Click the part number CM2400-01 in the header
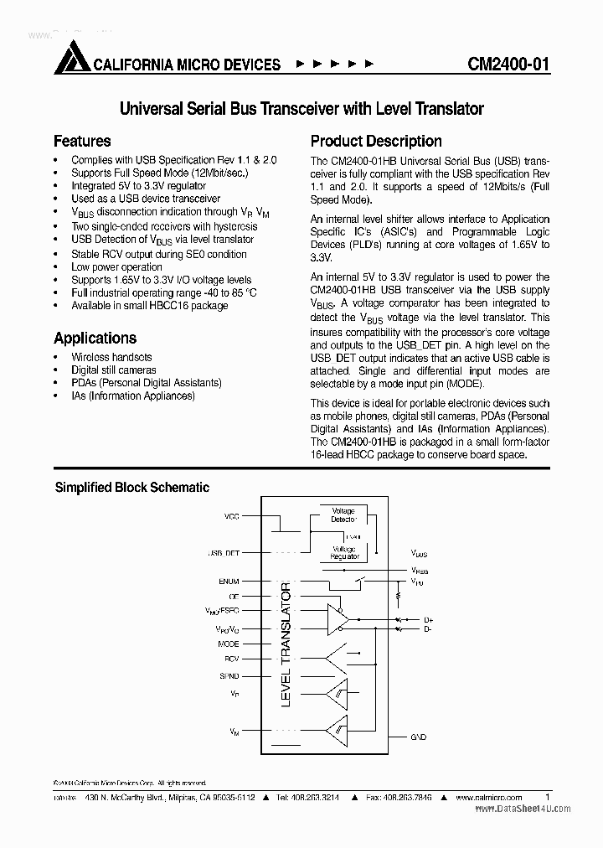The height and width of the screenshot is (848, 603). click(x=509, y=65)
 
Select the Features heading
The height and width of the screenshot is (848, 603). click(x=82, y=142)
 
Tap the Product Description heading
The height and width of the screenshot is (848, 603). click(x=376, y=142)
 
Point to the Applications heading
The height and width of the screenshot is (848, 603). click(x=95, y=339)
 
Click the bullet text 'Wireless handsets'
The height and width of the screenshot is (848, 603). click(x=111, y=357)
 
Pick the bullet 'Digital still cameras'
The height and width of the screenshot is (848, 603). click(x=113, y=370)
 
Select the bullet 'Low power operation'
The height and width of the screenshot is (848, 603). click(x=116, y=267)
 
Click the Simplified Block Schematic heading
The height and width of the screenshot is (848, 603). click(x=132, y=487)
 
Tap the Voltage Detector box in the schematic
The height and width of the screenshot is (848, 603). click(x=343, y=514)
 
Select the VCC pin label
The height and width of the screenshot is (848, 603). click(x=231, y=516)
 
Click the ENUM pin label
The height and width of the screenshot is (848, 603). click(x=229, y=581)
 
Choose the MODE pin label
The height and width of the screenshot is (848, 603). click(x=228, y=644)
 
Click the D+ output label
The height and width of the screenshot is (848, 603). click(x=427, y=619)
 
